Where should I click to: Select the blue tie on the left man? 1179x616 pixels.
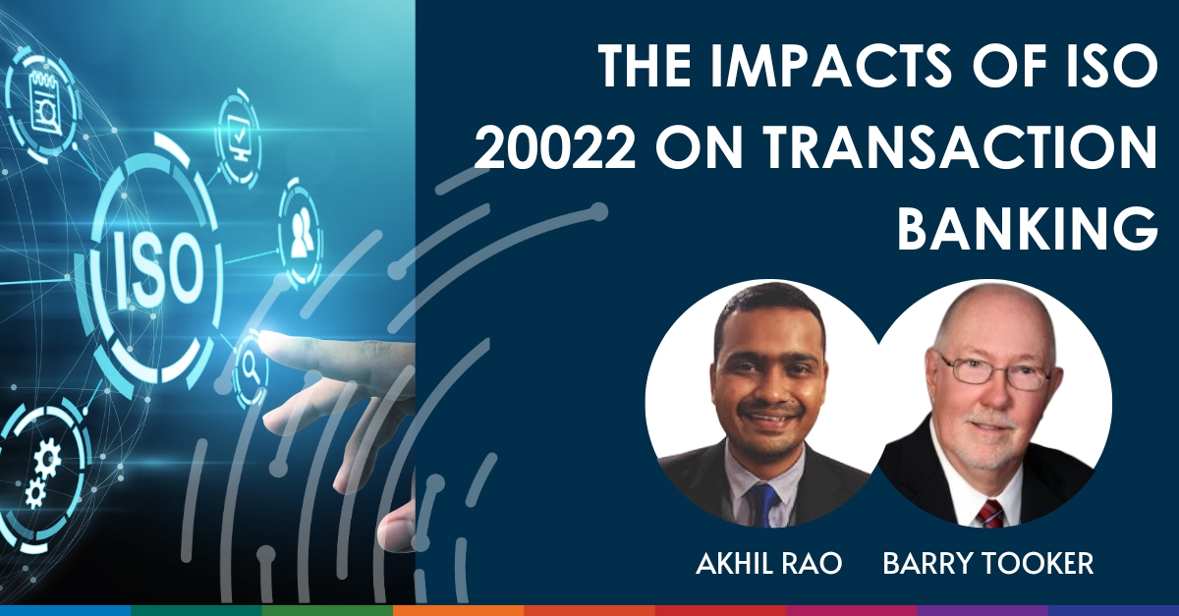tap(763, 503)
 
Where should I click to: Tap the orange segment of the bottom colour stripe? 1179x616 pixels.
tap(458, 610)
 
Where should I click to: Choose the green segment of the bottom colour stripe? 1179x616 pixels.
tap(196, 610)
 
